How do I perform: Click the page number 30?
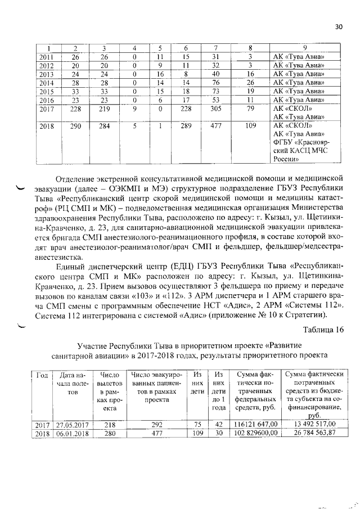tap(339, 26)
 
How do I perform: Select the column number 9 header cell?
tap(304, 47)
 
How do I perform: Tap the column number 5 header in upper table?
tap(160, 47)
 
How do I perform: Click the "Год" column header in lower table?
tap(42, 375)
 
